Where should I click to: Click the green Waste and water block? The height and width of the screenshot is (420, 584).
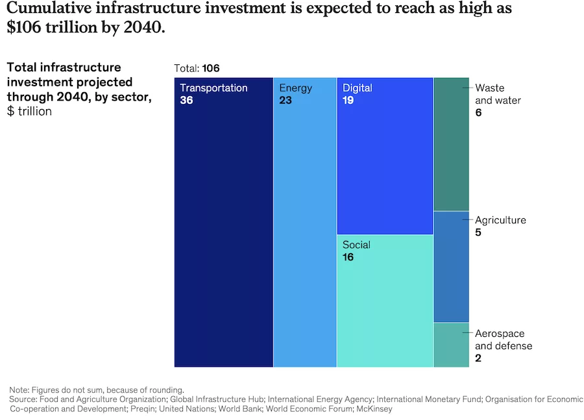[x=451, y=144]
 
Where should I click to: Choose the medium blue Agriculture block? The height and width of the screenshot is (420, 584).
[x=451, y=266]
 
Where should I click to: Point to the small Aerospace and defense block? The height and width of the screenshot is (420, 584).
[x=451, y=345]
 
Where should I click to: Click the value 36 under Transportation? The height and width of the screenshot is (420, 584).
[x=186, y=101]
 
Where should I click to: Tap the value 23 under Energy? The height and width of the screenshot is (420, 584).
[x=286, y=101]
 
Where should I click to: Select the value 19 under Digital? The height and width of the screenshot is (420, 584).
[x=348, y=101]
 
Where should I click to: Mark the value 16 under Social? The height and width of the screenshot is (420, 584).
[x=348, y=258]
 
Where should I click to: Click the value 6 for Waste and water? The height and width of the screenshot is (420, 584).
[x=478, y=113]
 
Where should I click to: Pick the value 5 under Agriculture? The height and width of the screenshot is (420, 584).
[x=478, y=232]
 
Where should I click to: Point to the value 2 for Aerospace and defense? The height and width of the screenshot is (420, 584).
[x=478, y=358]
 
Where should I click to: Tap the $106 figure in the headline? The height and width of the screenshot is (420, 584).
[x=23, y=29]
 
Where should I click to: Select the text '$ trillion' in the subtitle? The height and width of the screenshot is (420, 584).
[x=29, y=111]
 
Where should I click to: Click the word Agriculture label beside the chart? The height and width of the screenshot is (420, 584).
[x=500, y=220]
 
